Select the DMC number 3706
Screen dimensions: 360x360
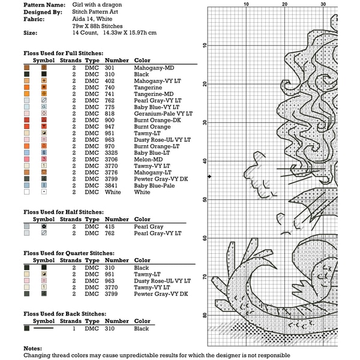pos(112,159)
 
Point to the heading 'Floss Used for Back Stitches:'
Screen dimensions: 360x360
pos(65,314)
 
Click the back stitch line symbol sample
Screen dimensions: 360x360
pos(44,329)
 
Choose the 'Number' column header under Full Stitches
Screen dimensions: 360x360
pos(116,60)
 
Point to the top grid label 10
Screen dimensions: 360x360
pos(246,4)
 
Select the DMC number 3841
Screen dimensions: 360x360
pos(112,185)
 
